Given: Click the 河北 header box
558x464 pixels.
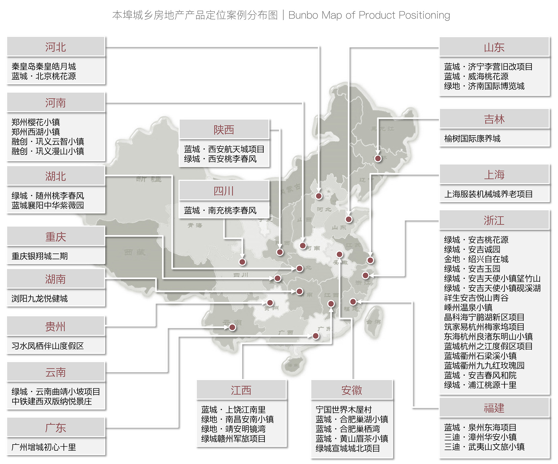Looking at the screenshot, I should [56, 47].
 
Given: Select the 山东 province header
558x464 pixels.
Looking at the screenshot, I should [494, 47].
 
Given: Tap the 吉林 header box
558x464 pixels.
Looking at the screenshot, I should [494, 119].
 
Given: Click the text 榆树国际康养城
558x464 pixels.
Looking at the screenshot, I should [472, 139].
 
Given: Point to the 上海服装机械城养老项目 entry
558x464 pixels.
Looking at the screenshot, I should [488, 194].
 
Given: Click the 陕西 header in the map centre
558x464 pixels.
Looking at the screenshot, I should [224, 130].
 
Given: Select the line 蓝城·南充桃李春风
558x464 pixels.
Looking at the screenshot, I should [220, 210].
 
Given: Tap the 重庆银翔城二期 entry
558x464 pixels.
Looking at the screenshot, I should [40, 256].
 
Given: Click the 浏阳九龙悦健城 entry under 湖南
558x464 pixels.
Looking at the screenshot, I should [40, 298].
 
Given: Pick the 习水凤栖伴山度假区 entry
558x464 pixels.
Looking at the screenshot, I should [48, 346].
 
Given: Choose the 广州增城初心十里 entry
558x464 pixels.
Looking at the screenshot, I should [44, 447].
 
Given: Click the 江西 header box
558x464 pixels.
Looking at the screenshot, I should [241, 390].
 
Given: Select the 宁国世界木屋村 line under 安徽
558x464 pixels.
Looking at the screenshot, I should [344, 409].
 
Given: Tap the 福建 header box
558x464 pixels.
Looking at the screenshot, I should [494, 408].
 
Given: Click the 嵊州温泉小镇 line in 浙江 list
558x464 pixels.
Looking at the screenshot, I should [468, 307].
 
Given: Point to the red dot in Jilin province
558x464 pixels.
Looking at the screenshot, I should [378, 159].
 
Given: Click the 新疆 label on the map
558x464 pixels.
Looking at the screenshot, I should [149, 179].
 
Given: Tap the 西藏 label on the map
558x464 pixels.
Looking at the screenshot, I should [135, 252].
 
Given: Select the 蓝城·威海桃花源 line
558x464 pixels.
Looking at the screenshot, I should [476, 76].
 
